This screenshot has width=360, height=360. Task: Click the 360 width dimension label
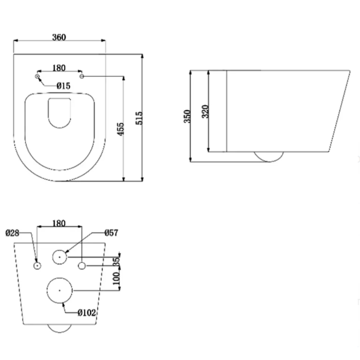click(x=59, y=37)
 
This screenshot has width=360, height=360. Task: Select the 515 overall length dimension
click(x=139, y=118)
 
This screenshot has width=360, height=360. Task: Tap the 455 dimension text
click(x=120, y=129)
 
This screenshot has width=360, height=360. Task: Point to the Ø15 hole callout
click(x=63, y=86)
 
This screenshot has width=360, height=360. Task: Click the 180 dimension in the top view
click(x=59, y=68)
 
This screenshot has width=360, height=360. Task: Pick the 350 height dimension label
click(x=187, y=116)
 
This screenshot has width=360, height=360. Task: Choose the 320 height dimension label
click(x=205, y=112)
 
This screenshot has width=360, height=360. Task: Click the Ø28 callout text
click(x=12, y=233)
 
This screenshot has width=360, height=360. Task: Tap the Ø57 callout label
click(x=111, y=233)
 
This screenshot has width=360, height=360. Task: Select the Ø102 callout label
click(x=86, y=313)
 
